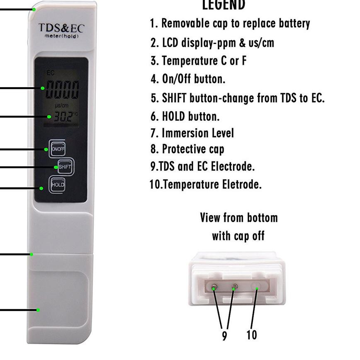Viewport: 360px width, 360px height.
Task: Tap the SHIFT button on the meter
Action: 65,167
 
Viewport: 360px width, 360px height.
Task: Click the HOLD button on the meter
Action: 58,185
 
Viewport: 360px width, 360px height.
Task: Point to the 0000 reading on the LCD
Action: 62,90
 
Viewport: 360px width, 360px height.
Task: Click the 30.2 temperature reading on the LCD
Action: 63,117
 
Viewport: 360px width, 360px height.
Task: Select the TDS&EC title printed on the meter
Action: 61,28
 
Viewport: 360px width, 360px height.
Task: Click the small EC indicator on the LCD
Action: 50,73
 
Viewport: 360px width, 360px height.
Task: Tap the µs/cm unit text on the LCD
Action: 61,106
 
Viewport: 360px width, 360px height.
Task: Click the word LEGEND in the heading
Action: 224,5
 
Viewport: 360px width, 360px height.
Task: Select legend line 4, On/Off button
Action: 188,79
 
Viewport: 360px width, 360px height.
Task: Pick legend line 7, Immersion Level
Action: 192,133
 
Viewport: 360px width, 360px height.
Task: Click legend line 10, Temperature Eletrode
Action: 205,184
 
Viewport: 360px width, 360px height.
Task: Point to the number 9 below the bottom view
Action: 224,336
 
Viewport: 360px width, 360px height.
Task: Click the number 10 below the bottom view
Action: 252,335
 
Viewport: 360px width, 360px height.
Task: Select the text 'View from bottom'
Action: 239,218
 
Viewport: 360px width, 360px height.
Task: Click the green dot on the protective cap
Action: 38,310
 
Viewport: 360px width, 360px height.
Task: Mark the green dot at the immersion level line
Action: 31,254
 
